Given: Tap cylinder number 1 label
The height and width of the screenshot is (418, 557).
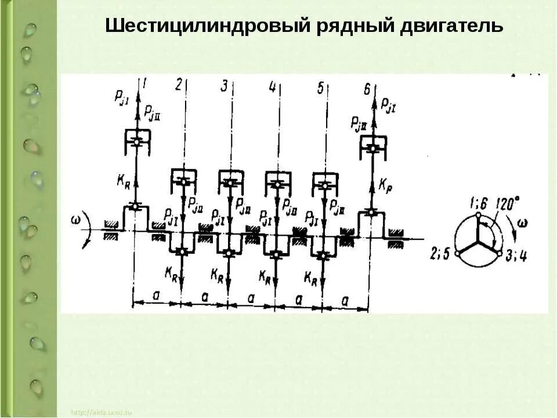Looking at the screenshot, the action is click(144, 85).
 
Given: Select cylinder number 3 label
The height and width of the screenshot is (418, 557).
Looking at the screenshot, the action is click(224, 86).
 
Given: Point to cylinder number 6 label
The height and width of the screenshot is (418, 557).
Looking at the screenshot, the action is click(367, 89).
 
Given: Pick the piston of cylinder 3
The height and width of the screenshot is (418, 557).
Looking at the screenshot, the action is click(230, 182).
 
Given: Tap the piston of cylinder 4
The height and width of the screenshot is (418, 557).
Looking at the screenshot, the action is click(277, 183).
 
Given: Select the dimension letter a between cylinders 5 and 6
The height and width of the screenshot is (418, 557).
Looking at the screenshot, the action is click(345, 300).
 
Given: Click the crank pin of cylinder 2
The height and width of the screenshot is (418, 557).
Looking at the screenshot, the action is click(182, 251).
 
